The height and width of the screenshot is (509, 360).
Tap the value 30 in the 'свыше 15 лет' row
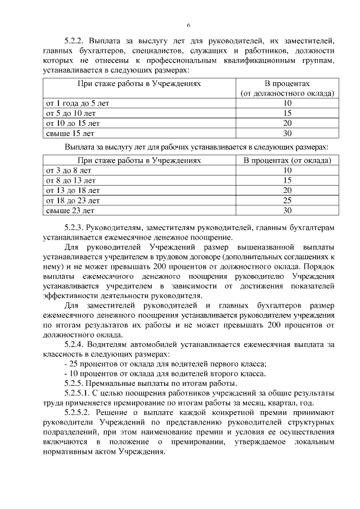tap(287, 133)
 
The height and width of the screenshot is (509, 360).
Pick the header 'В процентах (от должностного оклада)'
tap(287, 88)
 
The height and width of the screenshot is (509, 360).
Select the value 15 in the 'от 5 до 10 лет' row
tap(287, 113)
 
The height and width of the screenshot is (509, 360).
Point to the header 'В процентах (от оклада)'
tap(287, 160)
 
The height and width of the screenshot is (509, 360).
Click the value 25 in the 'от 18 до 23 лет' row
tap(287, 201)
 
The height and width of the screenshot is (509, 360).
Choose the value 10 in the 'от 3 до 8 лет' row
tap(287, 170)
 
